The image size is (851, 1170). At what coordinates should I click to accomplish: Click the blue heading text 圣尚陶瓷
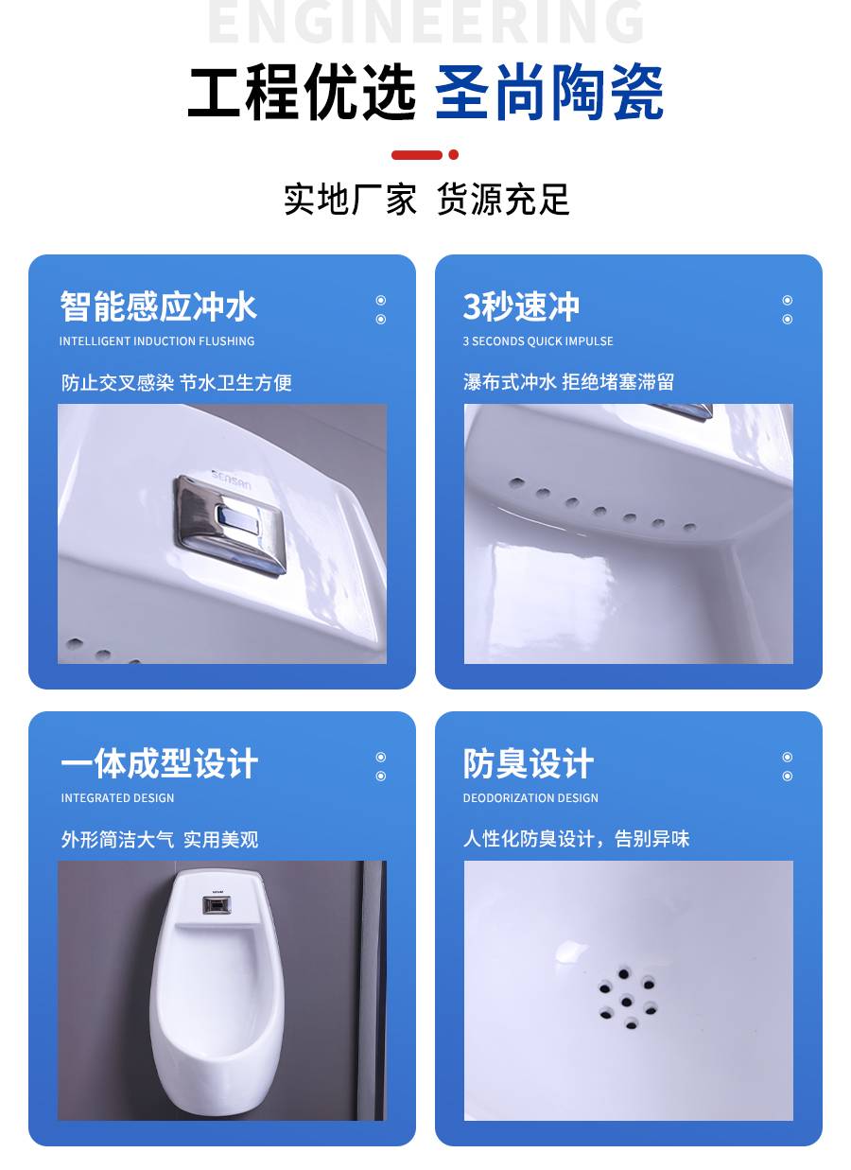[548, 93]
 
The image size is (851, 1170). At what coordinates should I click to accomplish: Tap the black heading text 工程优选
[302, 93]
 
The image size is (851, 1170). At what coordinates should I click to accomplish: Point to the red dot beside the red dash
[453, 154]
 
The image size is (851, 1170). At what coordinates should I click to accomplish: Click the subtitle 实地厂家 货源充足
[425, 199]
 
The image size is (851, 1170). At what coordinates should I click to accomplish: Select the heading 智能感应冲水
[158, 306]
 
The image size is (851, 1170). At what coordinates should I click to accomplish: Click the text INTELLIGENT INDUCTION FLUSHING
[157, 341]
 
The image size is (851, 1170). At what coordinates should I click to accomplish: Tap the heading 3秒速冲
[521, 306]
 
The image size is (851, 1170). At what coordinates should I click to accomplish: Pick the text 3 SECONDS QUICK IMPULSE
[538, 341]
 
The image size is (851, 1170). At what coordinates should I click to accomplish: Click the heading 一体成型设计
[159, 763]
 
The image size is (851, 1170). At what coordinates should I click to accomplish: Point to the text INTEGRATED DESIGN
[117, 798]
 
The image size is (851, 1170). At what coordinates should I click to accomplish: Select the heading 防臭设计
[529, 763]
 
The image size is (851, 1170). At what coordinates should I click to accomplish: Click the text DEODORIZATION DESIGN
[530, 798]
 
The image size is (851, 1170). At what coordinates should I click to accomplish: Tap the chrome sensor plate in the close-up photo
[230, 524]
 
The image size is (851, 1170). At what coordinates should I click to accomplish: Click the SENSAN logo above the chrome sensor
[232, 480]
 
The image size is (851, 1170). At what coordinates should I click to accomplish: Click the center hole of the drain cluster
[626, 1001]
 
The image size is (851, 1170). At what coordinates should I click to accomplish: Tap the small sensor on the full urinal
[217, 905]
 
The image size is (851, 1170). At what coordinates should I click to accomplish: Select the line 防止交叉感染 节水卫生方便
[177, 383]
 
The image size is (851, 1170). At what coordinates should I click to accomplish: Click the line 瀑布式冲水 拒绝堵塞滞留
[568, 382]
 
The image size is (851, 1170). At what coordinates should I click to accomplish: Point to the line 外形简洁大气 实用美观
[160, 839]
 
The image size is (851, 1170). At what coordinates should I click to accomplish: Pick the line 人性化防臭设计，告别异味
[577, 838]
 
